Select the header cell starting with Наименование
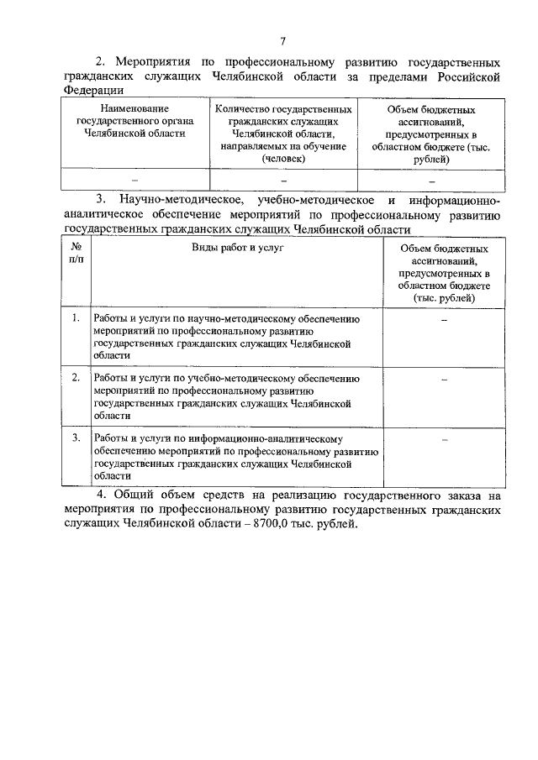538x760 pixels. (x=134, y=122)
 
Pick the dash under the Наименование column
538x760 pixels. (x=134, y=180)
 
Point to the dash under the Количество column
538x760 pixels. (x=283, y=180)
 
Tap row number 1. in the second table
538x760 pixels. (x=76, y=318)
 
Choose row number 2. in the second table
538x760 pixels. (x=76, y=378)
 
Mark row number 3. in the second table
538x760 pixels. (x=76, y=438)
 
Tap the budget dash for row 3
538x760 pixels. (x=444, y=439)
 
